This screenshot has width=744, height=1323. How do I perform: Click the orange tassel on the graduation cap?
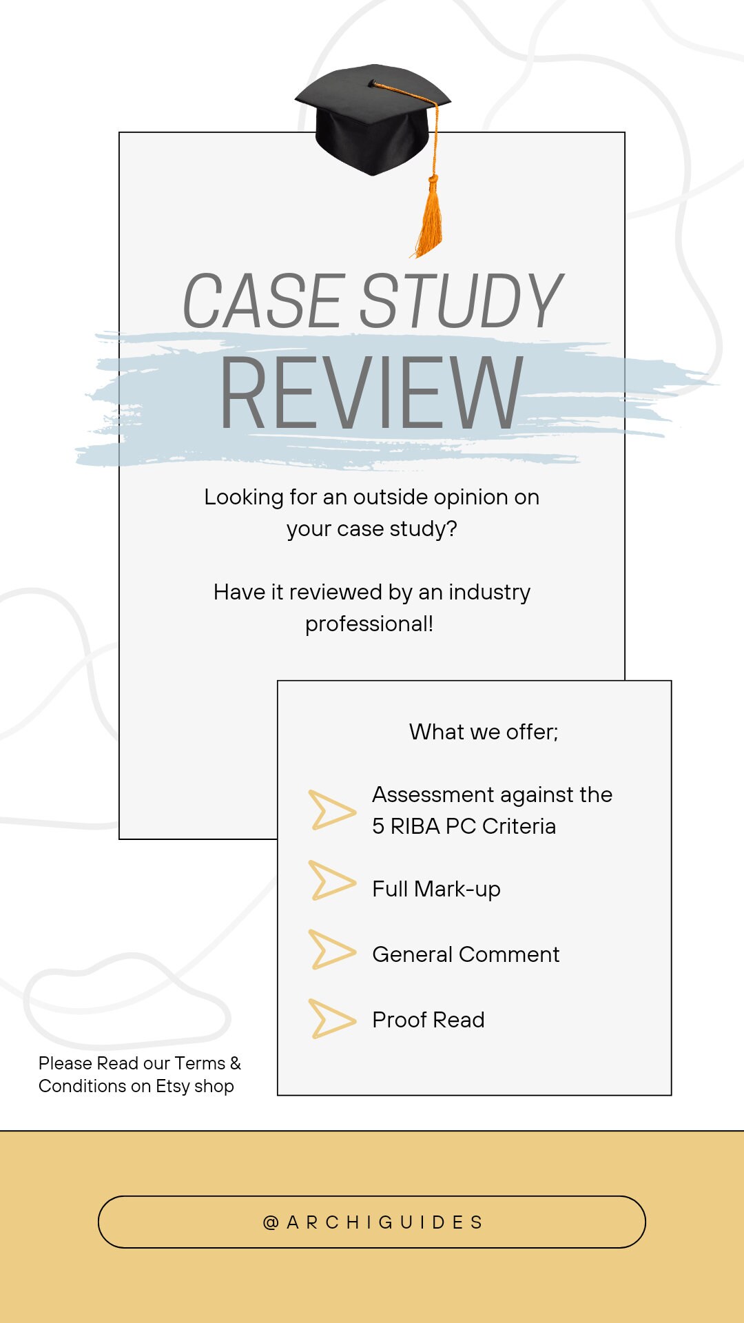(x=429, y=220)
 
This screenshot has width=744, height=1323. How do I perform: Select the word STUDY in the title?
(x=460, y=301)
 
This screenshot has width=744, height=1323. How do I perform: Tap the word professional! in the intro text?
(x=369, y=624)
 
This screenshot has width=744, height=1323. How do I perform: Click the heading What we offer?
(x=484, y=732)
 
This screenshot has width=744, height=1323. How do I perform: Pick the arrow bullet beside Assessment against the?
(x=331, y=810)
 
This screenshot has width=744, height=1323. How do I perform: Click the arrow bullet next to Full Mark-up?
(x=331, y=881)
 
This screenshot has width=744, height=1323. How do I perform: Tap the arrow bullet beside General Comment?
(x=331, y=950)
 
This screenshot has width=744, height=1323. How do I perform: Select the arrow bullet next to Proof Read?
(x=331, y=1018)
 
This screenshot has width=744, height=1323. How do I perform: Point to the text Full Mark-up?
(x=436, y=889)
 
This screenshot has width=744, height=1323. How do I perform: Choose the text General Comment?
(x=466, y=954)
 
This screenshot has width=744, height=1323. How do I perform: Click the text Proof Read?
(x=428, y=1020)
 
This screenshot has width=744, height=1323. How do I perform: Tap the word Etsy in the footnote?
(x=172, y=1087)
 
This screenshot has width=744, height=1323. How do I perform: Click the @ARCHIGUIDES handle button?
(x=372, y=1222)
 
